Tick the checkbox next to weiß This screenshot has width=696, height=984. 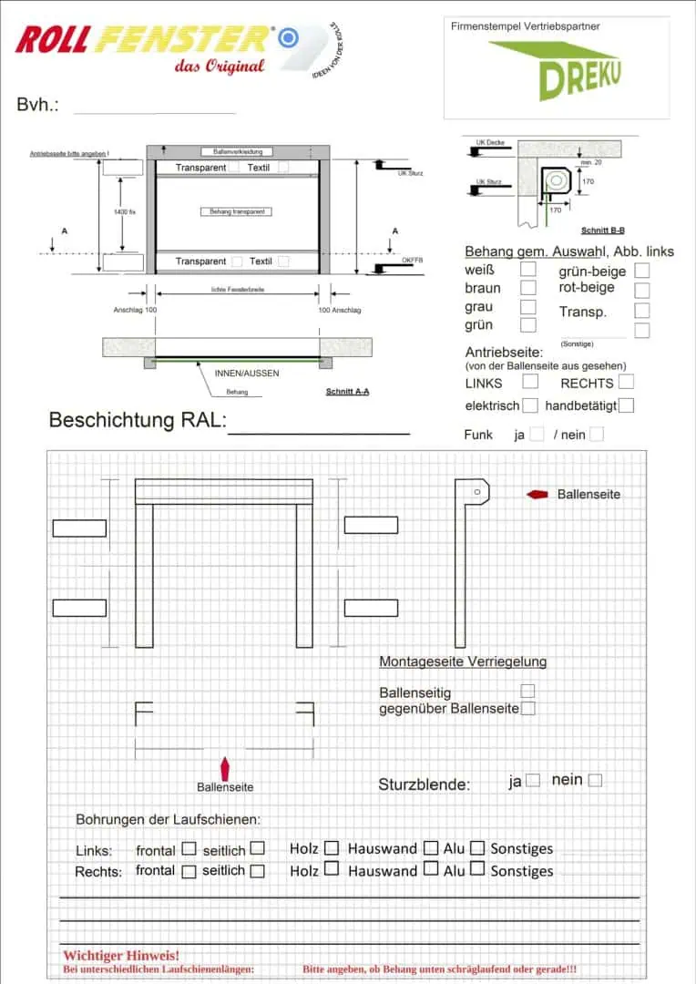click(x=527, y=270)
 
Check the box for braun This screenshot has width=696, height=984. click(x=527, y=288)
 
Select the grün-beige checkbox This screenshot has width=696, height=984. click(x=642, y=271)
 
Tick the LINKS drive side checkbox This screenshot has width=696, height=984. click(x=530, y=382)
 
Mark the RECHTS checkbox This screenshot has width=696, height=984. click(x=626, y=382)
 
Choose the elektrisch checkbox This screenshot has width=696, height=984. click(x=530, y=405)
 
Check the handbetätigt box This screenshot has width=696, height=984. click(x=626, y=405)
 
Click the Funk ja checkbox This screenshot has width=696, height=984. click(x=537, y=435)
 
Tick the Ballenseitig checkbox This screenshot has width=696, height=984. click(x=527, y=692)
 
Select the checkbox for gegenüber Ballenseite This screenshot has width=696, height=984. click(x=527, y=708)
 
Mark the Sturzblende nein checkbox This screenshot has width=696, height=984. click(x=595, y=780)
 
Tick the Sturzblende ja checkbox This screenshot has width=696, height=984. click(x=533, y=780)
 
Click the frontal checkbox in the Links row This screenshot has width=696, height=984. click(x=189, y=848)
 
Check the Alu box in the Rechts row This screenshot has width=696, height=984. click(x=477, y=869)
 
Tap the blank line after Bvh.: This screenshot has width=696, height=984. click(x=155, y=108)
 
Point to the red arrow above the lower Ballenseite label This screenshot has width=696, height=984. click(x=225, y=767)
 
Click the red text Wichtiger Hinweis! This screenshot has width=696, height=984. click(x=121, y=955)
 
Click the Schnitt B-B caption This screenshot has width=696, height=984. click(x=603, y=231)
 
